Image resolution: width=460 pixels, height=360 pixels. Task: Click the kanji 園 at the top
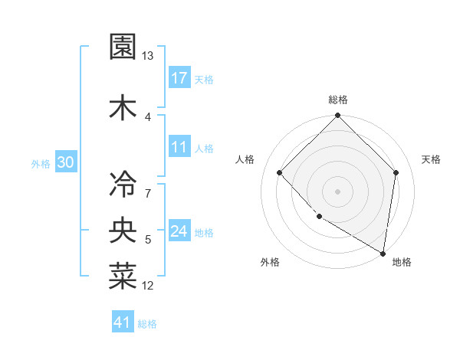pyautogui.click(x=123, y=47)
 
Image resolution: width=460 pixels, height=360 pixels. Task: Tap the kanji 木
pyautogui.click(x=123, y=106)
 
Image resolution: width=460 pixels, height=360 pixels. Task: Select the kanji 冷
pyautogui.click(x=123, y=184)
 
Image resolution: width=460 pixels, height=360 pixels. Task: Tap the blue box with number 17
pyautogui.click(x=179, y=78)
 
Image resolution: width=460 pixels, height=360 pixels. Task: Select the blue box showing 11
pyautogui.click(x=179, y=147)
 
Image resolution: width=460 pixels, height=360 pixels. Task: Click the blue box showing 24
pyautogui.click(x=179, y=232)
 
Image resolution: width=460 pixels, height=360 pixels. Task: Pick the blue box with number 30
pyautogui.click(x=66, y=163)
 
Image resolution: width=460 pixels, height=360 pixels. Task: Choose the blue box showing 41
pyautogui.click(x=123, y=322)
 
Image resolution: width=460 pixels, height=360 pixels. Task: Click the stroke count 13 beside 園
pyautogui.click(x=148, y=57)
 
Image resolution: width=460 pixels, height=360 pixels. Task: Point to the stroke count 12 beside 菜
pyautogui.click(x=148, y=286)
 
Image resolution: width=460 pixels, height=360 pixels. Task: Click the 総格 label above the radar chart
pyautogui.click(x=337, y=100)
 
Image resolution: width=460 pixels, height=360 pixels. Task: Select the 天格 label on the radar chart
pyautogui.click(x=432, y=159)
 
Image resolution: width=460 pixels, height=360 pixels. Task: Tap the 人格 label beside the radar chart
pyautogui.click(x=245, y=159)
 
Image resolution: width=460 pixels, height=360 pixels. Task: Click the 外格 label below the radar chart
pyautogui.click(x=270, y=263)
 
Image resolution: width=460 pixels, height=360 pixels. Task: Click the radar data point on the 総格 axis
pyautogui.click(x=337, y=116)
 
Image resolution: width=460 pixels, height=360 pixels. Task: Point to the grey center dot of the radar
pyautogui.click(x=337, y=191)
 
